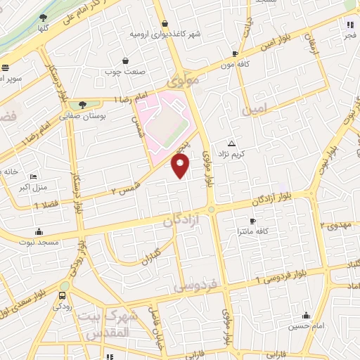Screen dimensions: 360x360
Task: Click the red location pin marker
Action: tap(181, 165)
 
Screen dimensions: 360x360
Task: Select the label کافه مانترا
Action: tap(250, 231)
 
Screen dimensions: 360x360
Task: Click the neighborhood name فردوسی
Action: tap(198, 288)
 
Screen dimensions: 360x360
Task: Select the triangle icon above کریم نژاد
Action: tap(233, 143)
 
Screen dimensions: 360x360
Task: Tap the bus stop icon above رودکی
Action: tap(64, 296)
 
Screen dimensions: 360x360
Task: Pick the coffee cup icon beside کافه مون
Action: tap(235, 53)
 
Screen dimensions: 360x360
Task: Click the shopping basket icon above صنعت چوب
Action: tap(125, 60)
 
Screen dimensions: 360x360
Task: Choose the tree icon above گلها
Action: tap(44, 18)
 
